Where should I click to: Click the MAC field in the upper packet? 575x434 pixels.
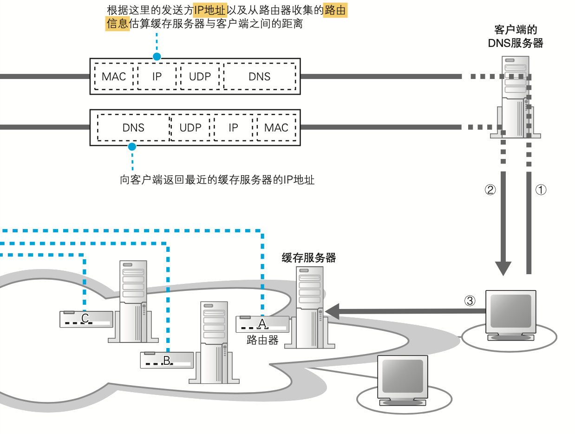(114, 77)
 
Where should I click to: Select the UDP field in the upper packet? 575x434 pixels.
(200, 77)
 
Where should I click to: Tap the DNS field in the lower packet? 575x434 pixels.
(133, 128)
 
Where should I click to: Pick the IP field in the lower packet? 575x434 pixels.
(233, 128)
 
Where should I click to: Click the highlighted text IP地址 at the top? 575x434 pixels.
(209, 11)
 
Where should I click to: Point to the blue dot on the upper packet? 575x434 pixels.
(157, 57)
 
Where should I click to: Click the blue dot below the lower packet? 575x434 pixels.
(132, 147)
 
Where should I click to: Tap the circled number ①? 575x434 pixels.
(542, 190)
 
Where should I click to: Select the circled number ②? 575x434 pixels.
(490, 190)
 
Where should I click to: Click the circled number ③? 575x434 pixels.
(470, 301)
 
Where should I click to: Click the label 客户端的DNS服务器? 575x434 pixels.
(516, 37)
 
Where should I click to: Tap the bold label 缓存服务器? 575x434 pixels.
(309, 258)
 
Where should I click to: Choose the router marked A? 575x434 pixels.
(262, 324)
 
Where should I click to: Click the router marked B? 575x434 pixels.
(167, 360)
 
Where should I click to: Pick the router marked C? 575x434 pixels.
(86, 319)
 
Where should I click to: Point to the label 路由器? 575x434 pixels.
(262, 341)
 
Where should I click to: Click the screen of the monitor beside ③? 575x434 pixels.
(510, 310)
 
